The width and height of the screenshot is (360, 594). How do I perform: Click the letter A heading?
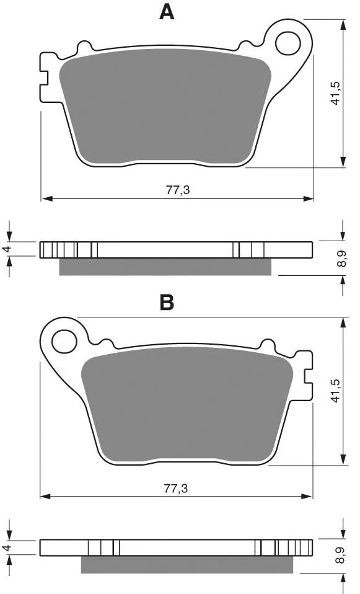click(x=167, y=12)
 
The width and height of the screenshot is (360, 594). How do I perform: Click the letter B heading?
click(x=167, y=303)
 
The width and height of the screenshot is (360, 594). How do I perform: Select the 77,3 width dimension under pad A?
click(x=178, y=190)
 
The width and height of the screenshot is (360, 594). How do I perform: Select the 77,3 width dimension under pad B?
click(x=176, y=488)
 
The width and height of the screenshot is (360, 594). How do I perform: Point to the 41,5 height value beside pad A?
click(x=335, y=93)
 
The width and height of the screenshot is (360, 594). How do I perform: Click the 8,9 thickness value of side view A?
click(x=341, y=259)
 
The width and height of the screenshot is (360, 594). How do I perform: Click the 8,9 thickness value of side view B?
click(x=341, y=556)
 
